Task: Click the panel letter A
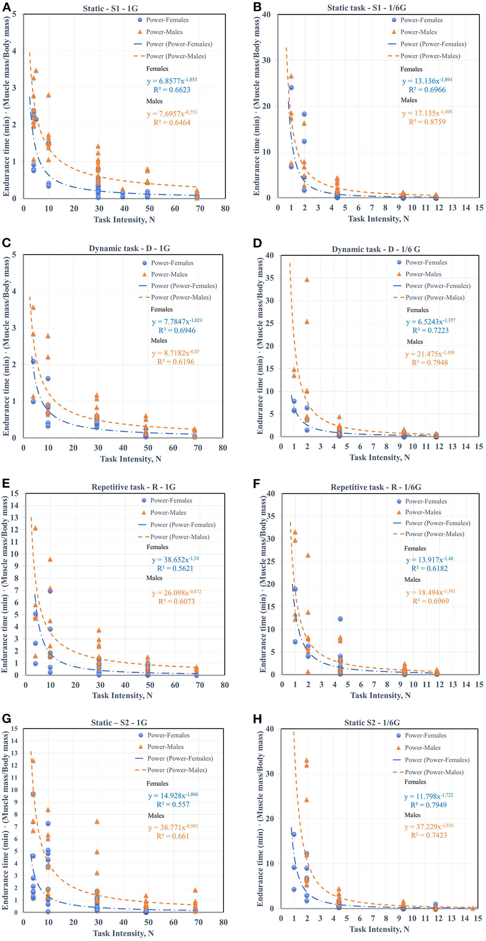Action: (6, 7)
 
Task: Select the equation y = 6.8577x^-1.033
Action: (172, 81)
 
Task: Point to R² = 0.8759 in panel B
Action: (427, 122)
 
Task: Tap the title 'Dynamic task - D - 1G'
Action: (129, 249)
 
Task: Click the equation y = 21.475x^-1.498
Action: (430, 354)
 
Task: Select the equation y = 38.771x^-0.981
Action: (173, 827)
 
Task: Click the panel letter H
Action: (257, 718)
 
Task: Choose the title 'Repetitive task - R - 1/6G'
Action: (376, 487)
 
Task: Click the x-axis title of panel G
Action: (123, 933)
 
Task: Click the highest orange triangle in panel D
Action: (307, 280)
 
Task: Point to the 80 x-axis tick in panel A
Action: (225, 208)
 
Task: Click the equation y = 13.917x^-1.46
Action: (429, 560)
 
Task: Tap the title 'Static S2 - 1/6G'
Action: (372, 723)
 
